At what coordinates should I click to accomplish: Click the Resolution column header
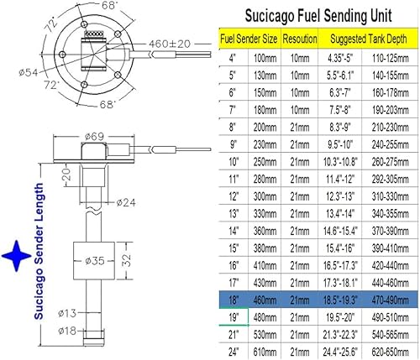300,38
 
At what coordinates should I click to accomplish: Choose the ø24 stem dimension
127,201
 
